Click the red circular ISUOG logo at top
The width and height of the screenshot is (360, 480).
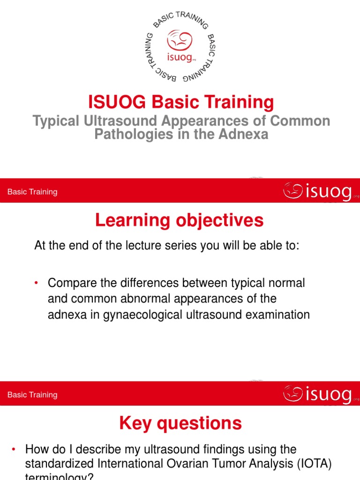[180, 45]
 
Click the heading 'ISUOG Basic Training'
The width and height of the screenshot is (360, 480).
[180, 101]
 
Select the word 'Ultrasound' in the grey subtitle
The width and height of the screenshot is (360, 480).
[121, 121]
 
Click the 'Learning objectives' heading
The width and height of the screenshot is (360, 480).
[180, 220]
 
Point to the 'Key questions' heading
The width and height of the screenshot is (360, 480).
[180, 424]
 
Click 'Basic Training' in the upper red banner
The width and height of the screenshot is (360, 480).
[32, 192]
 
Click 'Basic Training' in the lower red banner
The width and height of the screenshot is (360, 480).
[32, 395]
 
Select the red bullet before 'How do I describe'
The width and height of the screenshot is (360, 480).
[14, 450]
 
